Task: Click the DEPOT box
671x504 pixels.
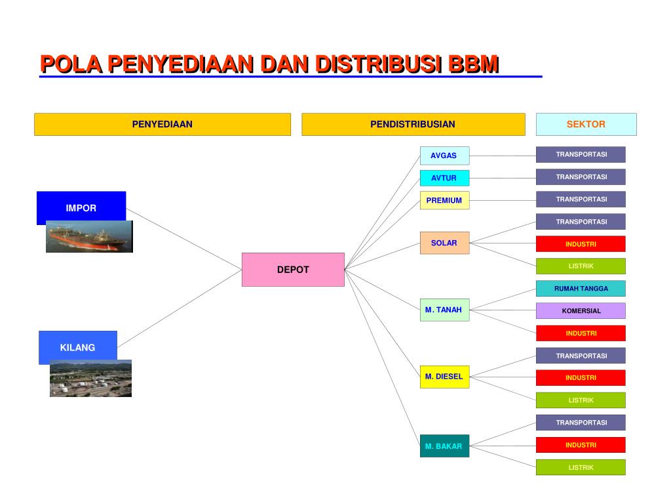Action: [x=293, y=270]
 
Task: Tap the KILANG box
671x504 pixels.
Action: [x=77, y=346]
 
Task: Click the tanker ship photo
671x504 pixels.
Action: [x=89, y=238]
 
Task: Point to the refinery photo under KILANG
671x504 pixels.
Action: [x=90, y=379]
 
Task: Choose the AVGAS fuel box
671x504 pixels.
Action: [x=444, y=156]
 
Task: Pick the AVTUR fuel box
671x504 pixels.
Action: [x=444, y=178]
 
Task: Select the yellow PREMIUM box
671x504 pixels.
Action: [x=444, y=200]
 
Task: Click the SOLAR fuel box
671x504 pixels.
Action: [x=444, y=243]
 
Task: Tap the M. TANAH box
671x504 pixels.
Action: [x=444, y=310]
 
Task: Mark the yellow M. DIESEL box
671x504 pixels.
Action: [x=444, y=377]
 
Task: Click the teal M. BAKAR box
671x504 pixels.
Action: [x=444, y=446]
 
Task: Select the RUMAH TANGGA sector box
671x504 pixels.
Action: [x=581, y=289]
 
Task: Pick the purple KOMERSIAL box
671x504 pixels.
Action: [x=581, y=311]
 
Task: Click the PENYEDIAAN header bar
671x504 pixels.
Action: [x=162, y=124]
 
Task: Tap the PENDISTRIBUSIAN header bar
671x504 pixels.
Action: [x=413, y=124]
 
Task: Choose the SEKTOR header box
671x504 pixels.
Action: [x=586, y=124]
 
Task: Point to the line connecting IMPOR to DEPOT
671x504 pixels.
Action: [x=183, y=238]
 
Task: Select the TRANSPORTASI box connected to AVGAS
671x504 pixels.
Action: [x=581, y=155]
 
